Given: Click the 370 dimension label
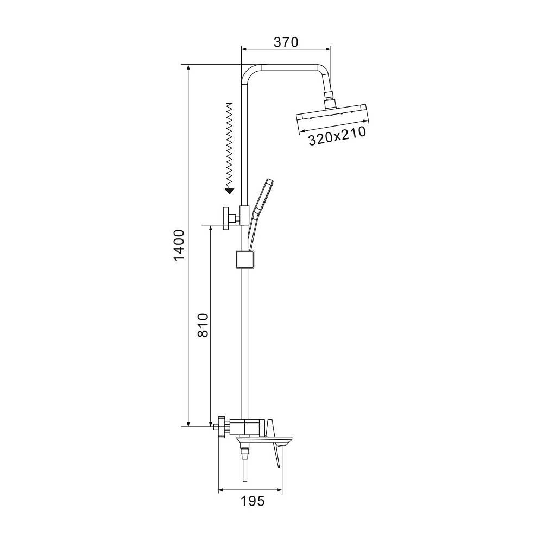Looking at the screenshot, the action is [286, 42].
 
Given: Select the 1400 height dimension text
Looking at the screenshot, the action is [179, 245].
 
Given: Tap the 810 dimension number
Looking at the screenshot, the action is [203, 325].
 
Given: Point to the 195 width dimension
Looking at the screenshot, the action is [252, 501].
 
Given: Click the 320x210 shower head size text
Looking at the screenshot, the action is [337, 136].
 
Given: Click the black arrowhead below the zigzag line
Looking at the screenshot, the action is [229, 190].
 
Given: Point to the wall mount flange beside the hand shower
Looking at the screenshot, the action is [227, 218].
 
